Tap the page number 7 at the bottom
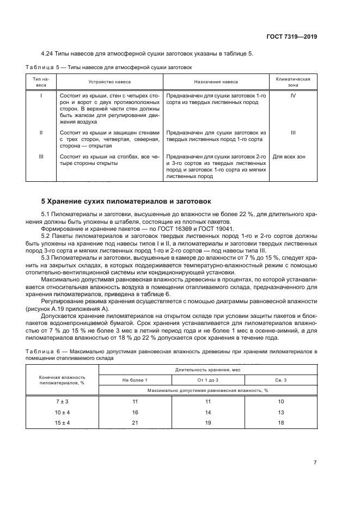315,462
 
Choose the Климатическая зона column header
293,82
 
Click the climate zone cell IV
293,95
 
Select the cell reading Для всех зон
293,156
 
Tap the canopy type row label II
41,132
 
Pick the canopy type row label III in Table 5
41,156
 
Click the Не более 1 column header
135,379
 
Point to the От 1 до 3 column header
208,379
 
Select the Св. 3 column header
280,379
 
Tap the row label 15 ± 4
62,422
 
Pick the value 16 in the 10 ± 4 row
135,412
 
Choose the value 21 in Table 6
135,422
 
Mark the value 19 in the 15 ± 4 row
208,422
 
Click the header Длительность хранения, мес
208,369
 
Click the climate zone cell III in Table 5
293,132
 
